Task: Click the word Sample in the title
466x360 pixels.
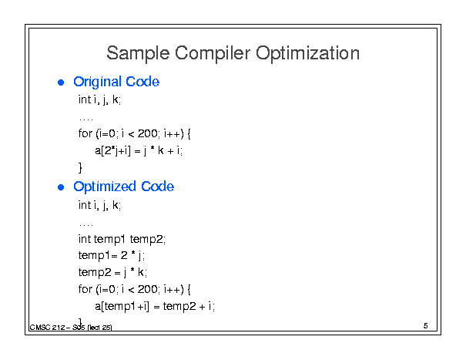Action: pos(138,53)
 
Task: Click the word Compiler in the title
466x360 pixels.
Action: pos(213,53)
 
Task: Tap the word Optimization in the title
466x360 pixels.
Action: pos(307,53)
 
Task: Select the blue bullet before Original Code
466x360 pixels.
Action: pos(61,82)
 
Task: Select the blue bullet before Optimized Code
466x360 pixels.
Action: pos(61,187)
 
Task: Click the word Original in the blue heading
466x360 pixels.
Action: pos(98,82)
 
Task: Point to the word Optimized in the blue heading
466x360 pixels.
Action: pos(105,187)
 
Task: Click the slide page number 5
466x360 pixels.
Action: pos(426,326)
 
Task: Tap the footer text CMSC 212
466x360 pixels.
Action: pos(47,328)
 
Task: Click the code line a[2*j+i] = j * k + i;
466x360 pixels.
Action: pos(139,150)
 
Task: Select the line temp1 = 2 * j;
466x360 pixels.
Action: pos(112,255)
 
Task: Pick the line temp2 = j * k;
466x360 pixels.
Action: pos(112,272)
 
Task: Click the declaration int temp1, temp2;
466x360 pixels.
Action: pos(122,239)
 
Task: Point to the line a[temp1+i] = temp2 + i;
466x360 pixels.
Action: pos(155,306)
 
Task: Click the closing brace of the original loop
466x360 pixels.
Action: pos(80,168)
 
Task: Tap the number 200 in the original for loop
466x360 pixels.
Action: pos(147,133)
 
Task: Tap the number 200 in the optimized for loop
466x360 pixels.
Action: pos(147,289)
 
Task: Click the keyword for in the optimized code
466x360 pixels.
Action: pos(85,289)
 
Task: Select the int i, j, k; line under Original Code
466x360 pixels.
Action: pos(99,99)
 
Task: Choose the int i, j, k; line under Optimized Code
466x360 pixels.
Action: pos(99,205)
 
